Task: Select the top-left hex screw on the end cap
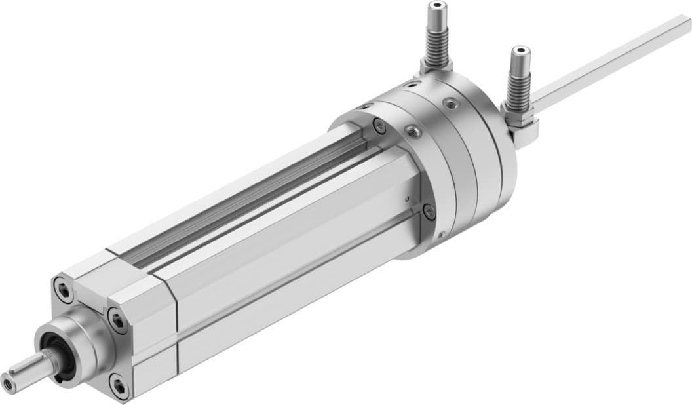64,290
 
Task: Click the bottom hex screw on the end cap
119,386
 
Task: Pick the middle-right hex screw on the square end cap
118,320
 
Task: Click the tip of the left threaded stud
436,7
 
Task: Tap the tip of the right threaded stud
520,50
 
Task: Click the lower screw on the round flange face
429,212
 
